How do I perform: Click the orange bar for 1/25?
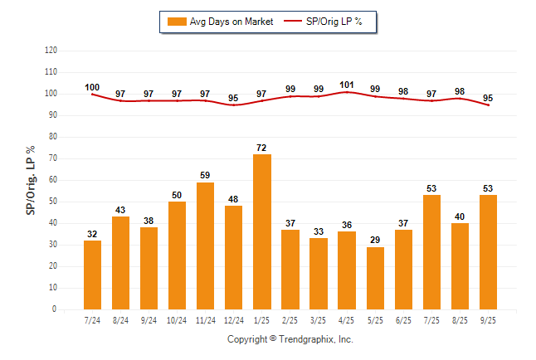[262, 231]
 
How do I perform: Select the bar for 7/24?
[92, 275]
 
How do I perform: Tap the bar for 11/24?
[206, 246]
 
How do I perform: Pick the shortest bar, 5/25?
[375, 278]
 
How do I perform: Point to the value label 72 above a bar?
[262, 147]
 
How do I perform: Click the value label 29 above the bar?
[375, 240]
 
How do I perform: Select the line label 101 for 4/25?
[348, 84]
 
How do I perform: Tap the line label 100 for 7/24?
[92, 87]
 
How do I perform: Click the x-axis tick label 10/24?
[177, 319]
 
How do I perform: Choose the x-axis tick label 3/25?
[319, 319]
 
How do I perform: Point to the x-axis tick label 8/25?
[460, 319]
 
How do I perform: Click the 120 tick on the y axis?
[51, 50]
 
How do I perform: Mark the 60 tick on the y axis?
[53, 179]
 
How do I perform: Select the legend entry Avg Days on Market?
[219, 21]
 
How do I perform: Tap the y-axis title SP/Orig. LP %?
[31, 179]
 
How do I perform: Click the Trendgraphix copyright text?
[290, 339]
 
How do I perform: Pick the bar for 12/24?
[234, 257]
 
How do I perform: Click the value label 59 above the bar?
[206, 175]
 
